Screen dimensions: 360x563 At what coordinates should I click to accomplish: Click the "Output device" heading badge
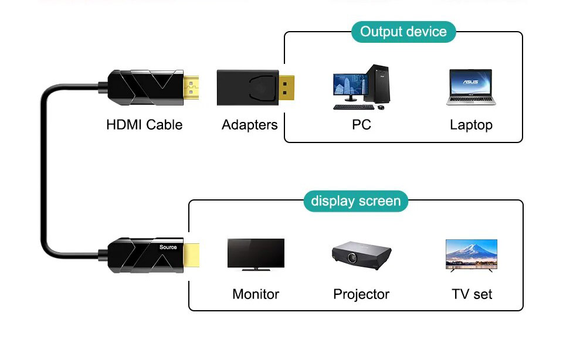pyautogui.click(x=403, y=32)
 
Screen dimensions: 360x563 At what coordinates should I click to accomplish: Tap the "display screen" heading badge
pyautogui.click(x=355, y=201)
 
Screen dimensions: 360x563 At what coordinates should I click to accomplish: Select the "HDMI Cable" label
pyautogui.click(x=144, y=125)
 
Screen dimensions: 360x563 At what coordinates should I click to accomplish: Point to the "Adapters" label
pyautogui.click(x=249, y=125)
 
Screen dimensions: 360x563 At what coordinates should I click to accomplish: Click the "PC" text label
pyautogui.click(x=361, y=125)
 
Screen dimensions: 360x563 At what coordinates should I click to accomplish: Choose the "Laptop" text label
pyautogui.click(x=471, y=125)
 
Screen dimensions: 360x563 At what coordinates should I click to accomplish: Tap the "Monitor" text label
pyautogui.click(x=256, y=294)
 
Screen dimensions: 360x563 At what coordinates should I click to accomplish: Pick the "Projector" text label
pyautogui.click(x=361, y=294)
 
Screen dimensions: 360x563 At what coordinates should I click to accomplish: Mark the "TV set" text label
pyautogui.click(x=472, y=294)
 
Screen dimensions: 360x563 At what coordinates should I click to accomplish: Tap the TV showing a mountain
pyautogui.click(x=472, y=254)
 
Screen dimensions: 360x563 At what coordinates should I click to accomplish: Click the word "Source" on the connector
pyautogui.click(x=168, y=247)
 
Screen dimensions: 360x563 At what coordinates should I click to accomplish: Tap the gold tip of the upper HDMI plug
pyautogui.click(x=191, y=89)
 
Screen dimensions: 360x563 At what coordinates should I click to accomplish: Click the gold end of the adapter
pyautogui.click(x=286, y=89)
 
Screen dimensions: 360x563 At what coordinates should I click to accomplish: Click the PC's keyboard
pyautogui.click(x=350, y=107)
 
